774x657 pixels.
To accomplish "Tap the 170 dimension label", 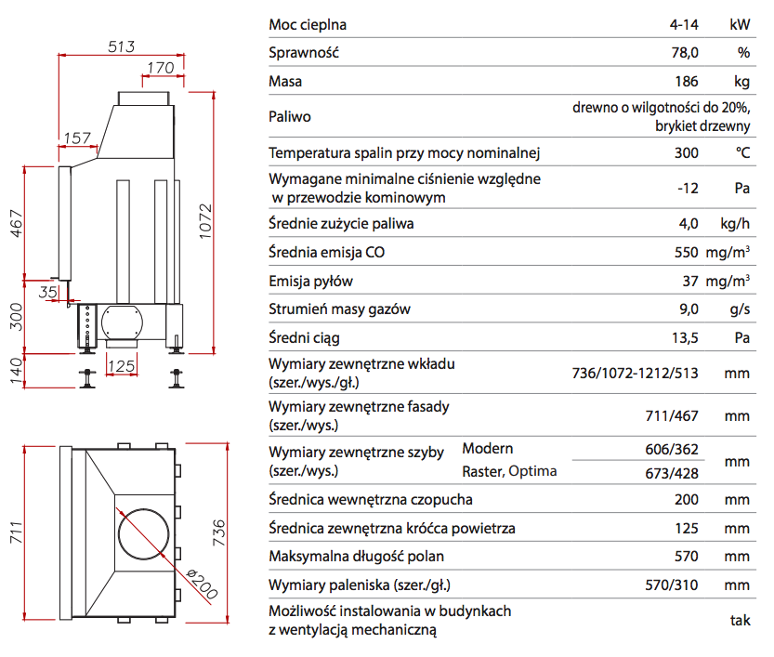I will pyautogui.click(x=162, y=67).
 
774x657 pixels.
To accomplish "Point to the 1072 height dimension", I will pyautogui.click(x=206, y=220).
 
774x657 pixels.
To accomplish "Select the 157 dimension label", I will pyautogui.click(x=77, y=138).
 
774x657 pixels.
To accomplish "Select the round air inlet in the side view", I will pyautogui.click(x=124, y=323).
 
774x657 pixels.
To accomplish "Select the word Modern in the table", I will pyautogui.click(x=488, y=449).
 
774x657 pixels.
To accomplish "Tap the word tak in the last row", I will pyautogui.click(x=740, y=621).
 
